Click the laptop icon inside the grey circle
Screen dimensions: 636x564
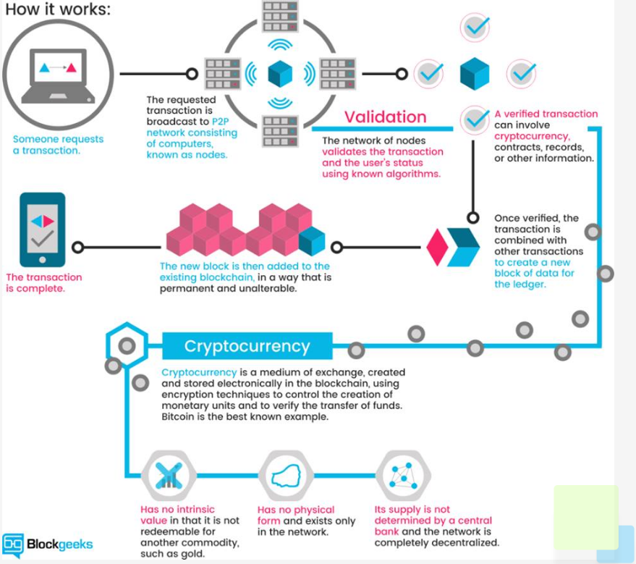[x=58, y=75]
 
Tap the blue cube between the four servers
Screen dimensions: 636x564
[x=280, y=73]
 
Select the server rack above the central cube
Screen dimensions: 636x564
[x=280, y=16]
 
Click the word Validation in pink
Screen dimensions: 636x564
[x=386, y=117]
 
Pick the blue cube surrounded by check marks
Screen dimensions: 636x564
[x=475, y=73]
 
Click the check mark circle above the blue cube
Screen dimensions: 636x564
[x=475, y=28]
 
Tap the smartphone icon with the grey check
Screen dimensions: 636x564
[x=43, y=230]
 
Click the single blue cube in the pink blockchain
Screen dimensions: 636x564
[x=312, y=241]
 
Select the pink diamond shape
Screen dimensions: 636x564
[x=437, y=247]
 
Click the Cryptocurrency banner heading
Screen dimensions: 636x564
[x=247, y=346]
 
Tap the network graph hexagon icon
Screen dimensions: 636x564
[x=403, y=476]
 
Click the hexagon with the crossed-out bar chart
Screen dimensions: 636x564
[x=169, y=476]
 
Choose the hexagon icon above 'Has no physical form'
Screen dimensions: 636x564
[x=286, y=476]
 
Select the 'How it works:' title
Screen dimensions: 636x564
[x=58, y=9]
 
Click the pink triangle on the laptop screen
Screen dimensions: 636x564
[x=71, y=67]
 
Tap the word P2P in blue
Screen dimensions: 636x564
[x=220, y=122]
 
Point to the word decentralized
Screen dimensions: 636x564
[x=467, y=543]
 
